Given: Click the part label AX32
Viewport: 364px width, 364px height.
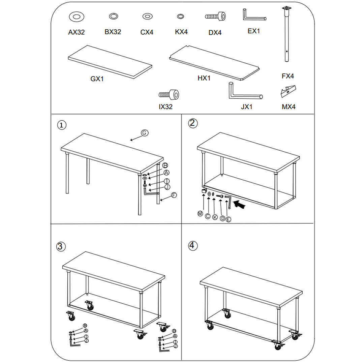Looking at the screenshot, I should pos(77,32).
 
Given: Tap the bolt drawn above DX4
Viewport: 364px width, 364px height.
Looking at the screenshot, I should pos(215,16).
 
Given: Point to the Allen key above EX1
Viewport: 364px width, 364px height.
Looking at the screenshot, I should pos(253,15).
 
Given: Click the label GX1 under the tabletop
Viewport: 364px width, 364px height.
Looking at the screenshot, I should pos(97,79).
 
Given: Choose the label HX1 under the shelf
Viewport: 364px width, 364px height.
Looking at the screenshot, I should pos(204,78).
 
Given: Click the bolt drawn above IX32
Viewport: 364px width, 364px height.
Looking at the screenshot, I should pos(169,94).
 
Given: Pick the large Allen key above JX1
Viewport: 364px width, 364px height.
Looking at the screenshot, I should pos(244,92).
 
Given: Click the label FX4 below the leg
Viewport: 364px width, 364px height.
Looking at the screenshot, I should pos(288,76).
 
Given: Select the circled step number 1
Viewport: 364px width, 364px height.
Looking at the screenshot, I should pos(61,125).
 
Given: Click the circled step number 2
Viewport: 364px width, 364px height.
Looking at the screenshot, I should pos(192,123).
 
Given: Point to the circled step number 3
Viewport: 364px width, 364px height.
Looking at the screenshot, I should pos(60,246).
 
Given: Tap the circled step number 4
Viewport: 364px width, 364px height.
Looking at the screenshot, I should pos(192,245).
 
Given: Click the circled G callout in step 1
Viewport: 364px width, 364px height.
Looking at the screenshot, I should pos(144,133).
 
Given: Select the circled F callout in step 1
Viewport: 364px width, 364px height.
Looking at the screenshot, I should pos(174,195).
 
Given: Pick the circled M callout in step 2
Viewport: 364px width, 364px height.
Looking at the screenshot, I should pos(200,213).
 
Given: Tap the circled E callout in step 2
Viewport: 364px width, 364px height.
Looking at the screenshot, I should pos(229,219).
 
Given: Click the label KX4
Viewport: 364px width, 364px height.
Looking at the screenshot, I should pos(181,32).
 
